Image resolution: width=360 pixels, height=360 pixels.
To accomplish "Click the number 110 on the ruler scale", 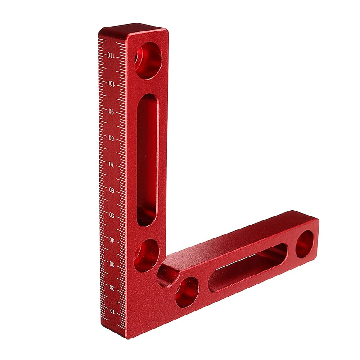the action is (x=111, y=55).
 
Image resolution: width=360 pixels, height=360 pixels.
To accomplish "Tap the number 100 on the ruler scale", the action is (x=111, y=84).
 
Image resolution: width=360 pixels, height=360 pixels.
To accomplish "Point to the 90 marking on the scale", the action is (x=111, y=112).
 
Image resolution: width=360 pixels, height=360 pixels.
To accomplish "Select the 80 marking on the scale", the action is (x=111, y=138).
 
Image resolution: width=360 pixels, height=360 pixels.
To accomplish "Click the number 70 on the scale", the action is (x=111, y=164).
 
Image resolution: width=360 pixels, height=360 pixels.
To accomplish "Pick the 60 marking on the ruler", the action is (x=112, y=190).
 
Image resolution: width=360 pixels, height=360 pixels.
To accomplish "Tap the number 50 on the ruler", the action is (x=112, y=215).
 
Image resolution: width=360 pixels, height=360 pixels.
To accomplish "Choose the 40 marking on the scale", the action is (x=112, y=239).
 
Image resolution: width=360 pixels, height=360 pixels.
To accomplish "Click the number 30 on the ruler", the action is (x=112, y=264).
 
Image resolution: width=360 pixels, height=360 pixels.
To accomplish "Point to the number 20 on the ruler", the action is (x=112, y=288).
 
